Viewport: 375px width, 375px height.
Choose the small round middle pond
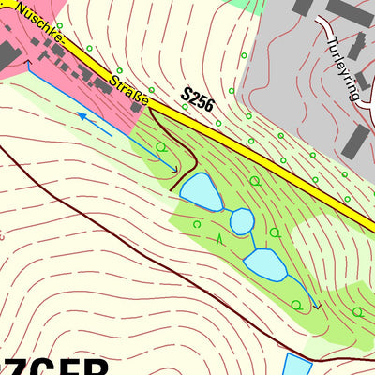tap(242, 221)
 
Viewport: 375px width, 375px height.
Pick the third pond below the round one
tap(266, 265)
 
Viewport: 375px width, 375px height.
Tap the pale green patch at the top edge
tap(246, 5)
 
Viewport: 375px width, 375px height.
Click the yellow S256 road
tap(281, 165)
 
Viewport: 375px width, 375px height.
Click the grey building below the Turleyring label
tap(355, 140)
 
